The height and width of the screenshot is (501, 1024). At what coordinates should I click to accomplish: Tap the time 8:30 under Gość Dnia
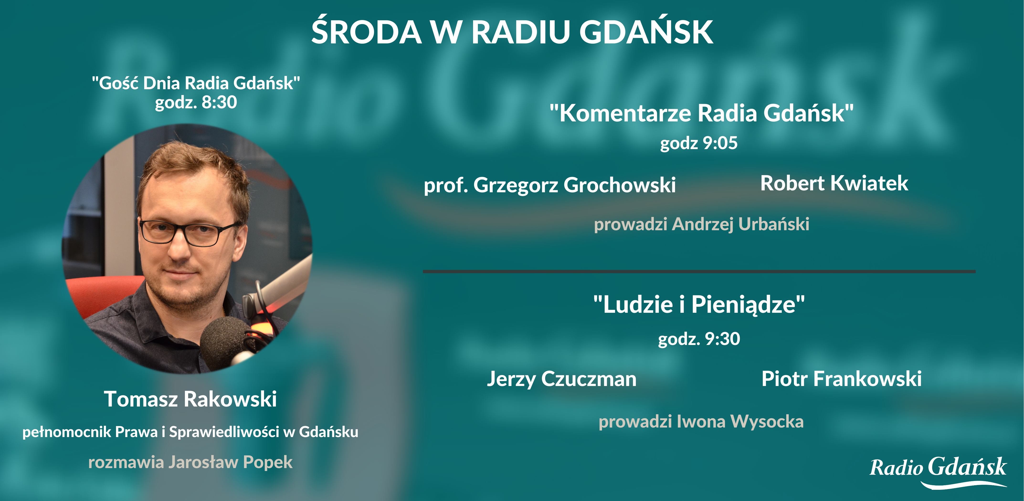click(x=219, y=103)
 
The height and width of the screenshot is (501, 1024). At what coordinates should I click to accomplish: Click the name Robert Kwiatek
click(x=834, y=183)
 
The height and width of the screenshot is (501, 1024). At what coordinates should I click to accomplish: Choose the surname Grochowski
click(x=620, y=185)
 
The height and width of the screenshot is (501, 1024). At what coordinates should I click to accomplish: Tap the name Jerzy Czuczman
click(x=562, y=379)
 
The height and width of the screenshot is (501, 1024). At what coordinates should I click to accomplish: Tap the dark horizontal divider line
click(x=699, y=272)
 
